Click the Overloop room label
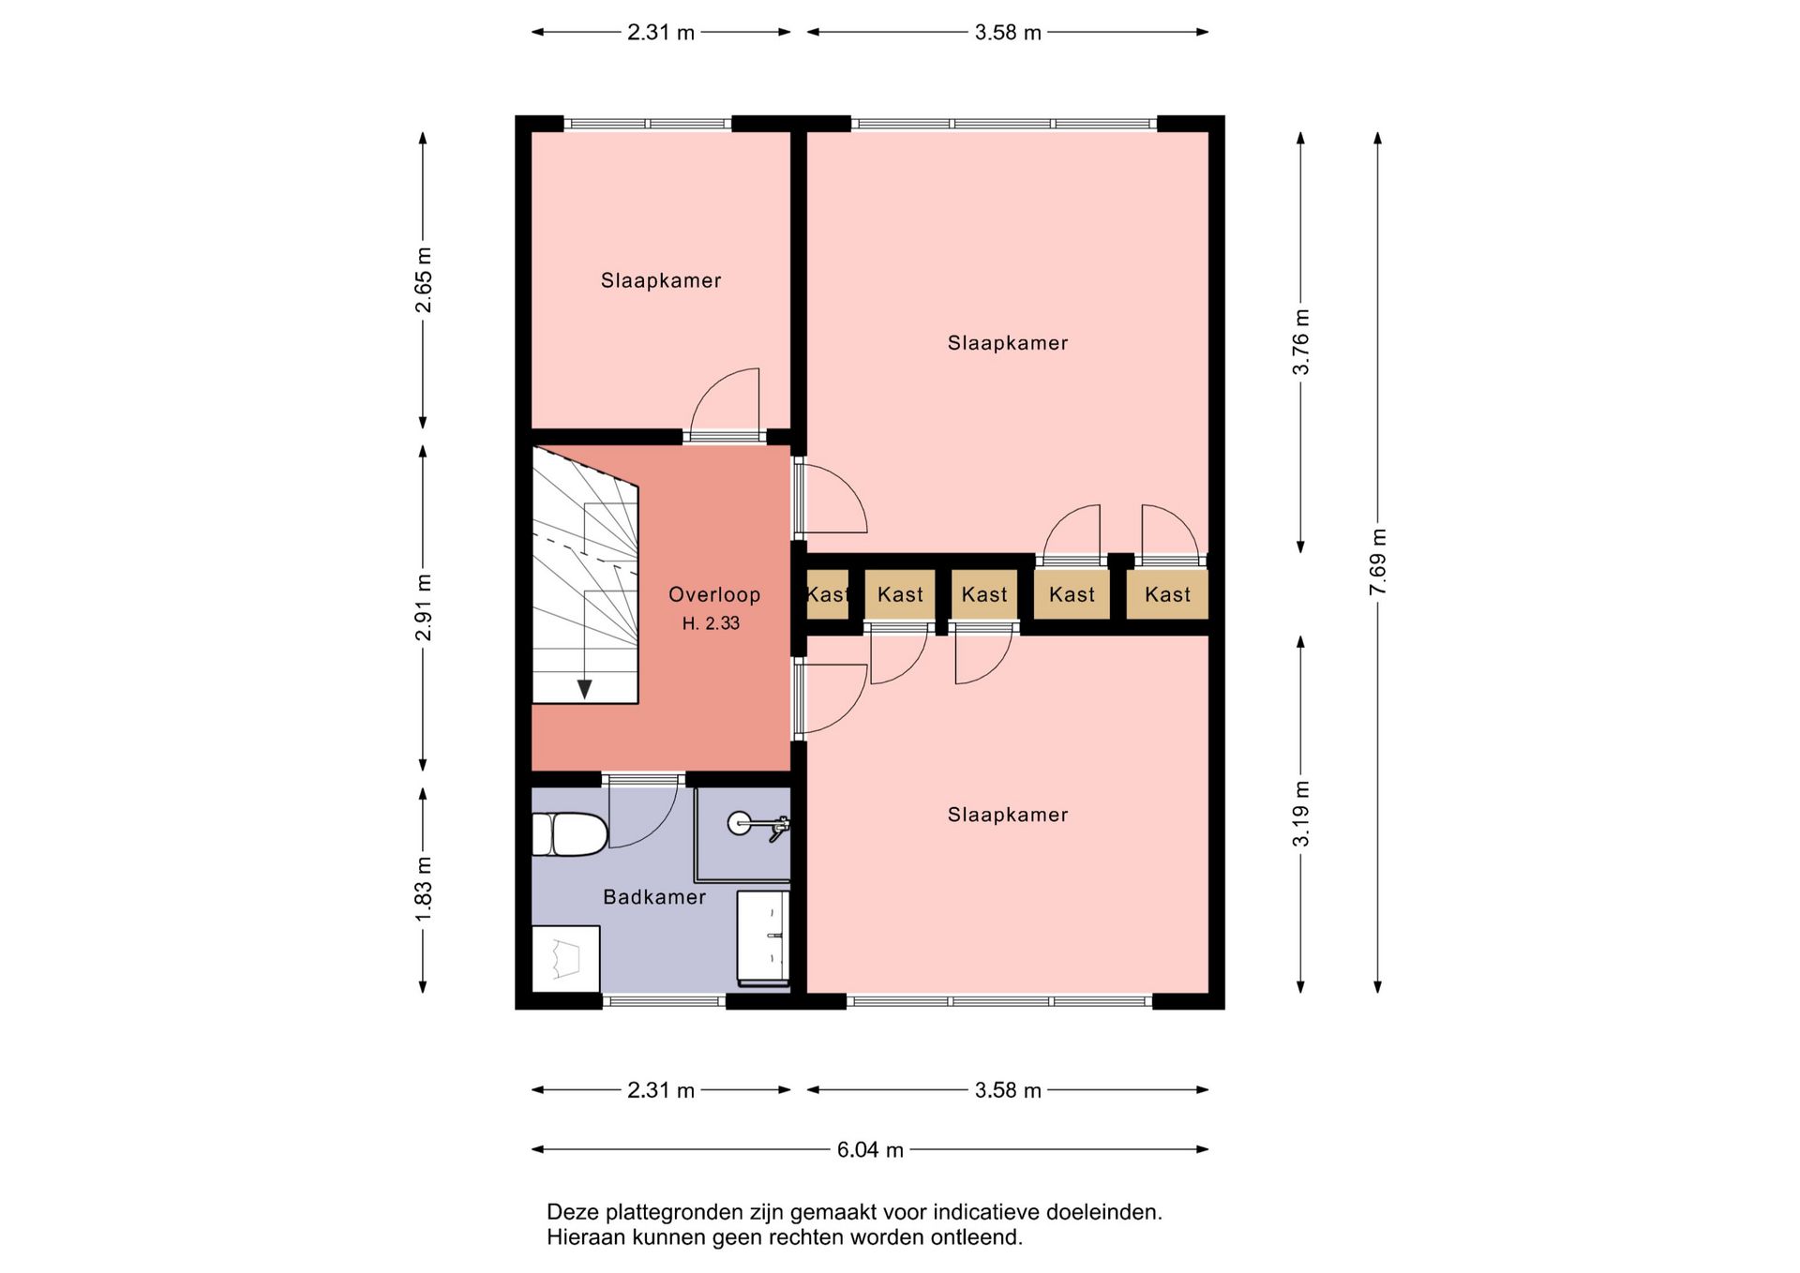coord(714,594)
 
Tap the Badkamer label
coord(654,897)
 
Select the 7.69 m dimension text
coord(1377,562)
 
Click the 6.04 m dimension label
coord(870,1149)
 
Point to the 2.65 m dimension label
coord(424,280)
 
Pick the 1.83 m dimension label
coord(424,889)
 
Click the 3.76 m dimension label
coord(1301,341)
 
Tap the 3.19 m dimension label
coord(1301,813)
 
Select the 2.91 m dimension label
coord(424,607)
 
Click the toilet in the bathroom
coord(569,834)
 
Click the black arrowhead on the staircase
coord(585,690)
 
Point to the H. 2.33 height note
coord(711,623)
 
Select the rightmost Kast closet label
coord(1167,594)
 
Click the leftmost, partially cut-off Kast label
coord(827,594)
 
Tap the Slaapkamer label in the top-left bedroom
coord(661,280)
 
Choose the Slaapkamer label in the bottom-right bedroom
coord(1008,815)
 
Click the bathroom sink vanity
coord(763,938)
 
